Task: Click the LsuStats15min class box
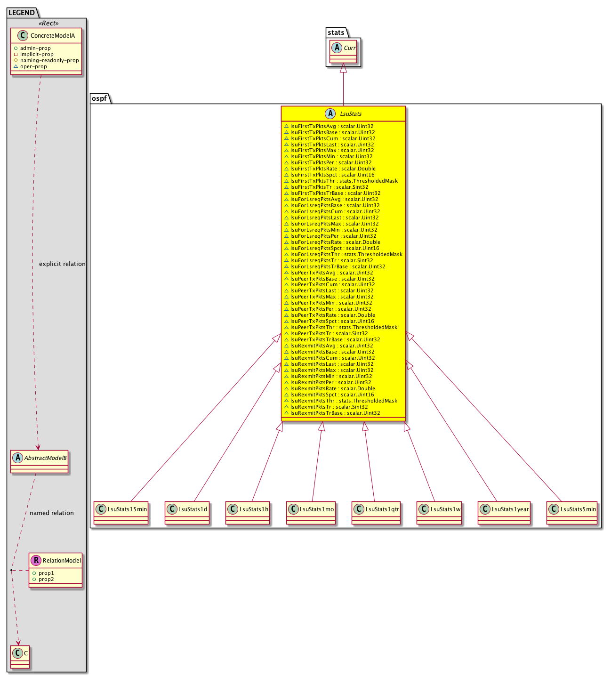point(121,513)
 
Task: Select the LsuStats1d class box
point(187,513)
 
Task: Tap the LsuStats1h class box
point(248,513)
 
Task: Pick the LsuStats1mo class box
point(311,513)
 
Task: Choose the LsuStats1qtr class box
point(376,513)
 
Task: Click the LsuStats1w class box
point(439,513)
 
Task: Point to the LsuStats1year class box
point(504,513)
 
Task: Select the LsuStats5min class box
point(572,513)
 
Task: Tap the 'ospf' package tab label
point(99,98)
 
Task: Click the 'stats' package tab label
point(336,32)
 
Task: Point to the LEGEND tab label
point(22,13)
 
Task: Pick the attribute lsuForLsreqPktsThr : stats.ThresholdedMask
point(343,254)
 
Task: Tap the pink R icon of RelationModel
point(36,560)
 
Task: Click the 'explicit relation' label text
point(63,264)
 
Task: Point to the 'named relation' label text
point(52,513)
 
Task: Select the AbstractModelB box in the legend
point(39,461)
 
